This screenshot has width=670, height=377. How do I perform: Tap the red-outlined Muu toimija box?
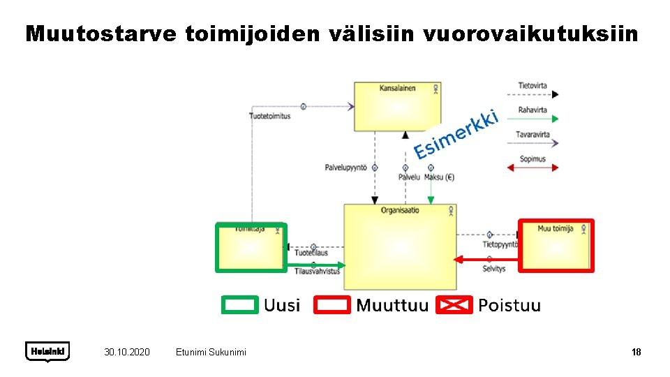pyautogui.click(x=556, y=245)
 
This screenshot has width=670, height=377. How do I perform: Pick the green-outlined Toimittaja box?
pyautogui.click(x=251, y=246)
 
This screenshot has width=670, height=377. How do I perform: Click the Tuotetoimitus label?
pyautogui.click(x=269, y=116)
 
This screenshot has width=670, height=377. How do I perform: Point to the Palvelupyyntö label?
pyautogui.click(x=345, y=168)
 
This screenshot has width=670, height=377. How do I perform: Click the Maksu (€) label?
pyautogui.click(x=439, y=177)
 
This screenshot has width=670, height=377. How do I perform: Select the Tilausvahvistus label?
pyautogui.click(x=317, y=271)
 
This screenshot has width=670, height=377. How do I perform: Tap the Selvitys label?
pyautogui.click(x=494, y=268)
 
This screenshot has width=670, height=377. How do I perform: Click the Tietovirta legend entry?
pyautogui.click(x=533, y=86)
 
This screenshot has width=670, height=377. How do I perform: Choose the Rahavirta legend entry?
pyautogui.click(x=533, y=110)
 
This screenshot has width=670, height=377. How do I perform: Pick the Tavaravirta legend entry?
pyautogui.click(x=533, y=134)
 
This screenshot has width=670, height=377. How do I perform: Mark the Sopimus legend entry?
pyautogui.click(x=533, y=159)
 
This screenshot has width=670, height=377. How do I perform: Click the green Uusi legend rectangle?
pyautogui.click(x=239, y=305)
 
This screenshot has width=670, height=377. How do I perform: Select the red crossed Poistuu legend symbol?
pyautogui.click(x=454, y=305)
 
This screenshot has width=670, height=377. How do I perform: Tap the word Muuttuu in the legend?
pyautogui.click(x=392, y=305)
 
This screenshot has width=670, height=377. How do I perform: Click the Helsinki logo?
pyautogui.click(x=47, y=350)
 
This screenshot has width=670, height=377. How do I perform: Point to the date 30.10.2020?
pyautogui.click(x=126, y=352)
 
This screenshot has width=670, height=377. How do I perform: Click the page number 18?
pyautogui.click(x=636, y=352)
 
